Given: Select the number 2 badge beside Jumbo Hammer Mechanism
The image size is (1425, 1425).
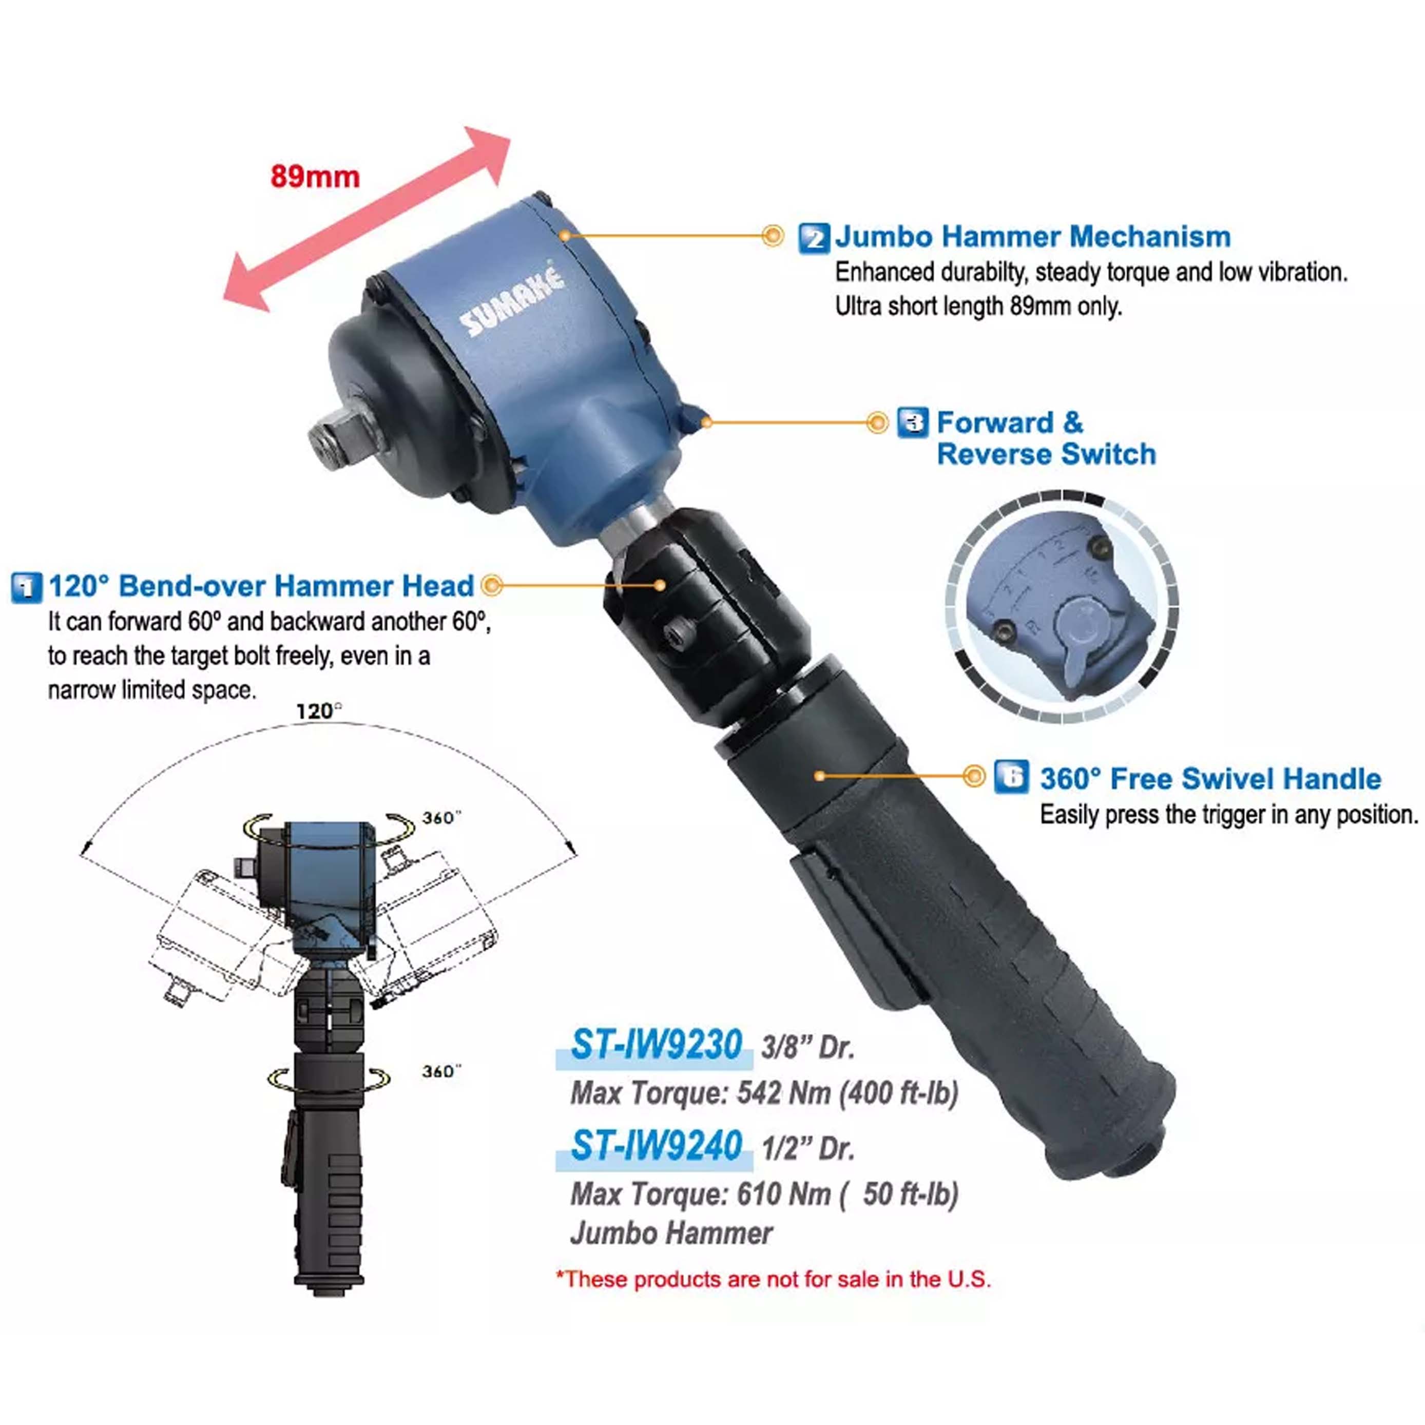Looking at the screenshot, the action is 814,239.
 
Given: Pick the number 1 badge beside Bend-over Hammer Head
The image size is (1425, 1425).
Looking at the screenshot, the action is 27,587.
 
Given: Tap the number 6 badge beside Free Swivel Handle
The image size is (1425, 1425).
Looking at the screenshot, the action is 1010,777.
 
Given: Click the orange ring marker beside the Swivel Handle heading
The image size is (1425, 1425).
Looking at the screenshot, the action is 974,776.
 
